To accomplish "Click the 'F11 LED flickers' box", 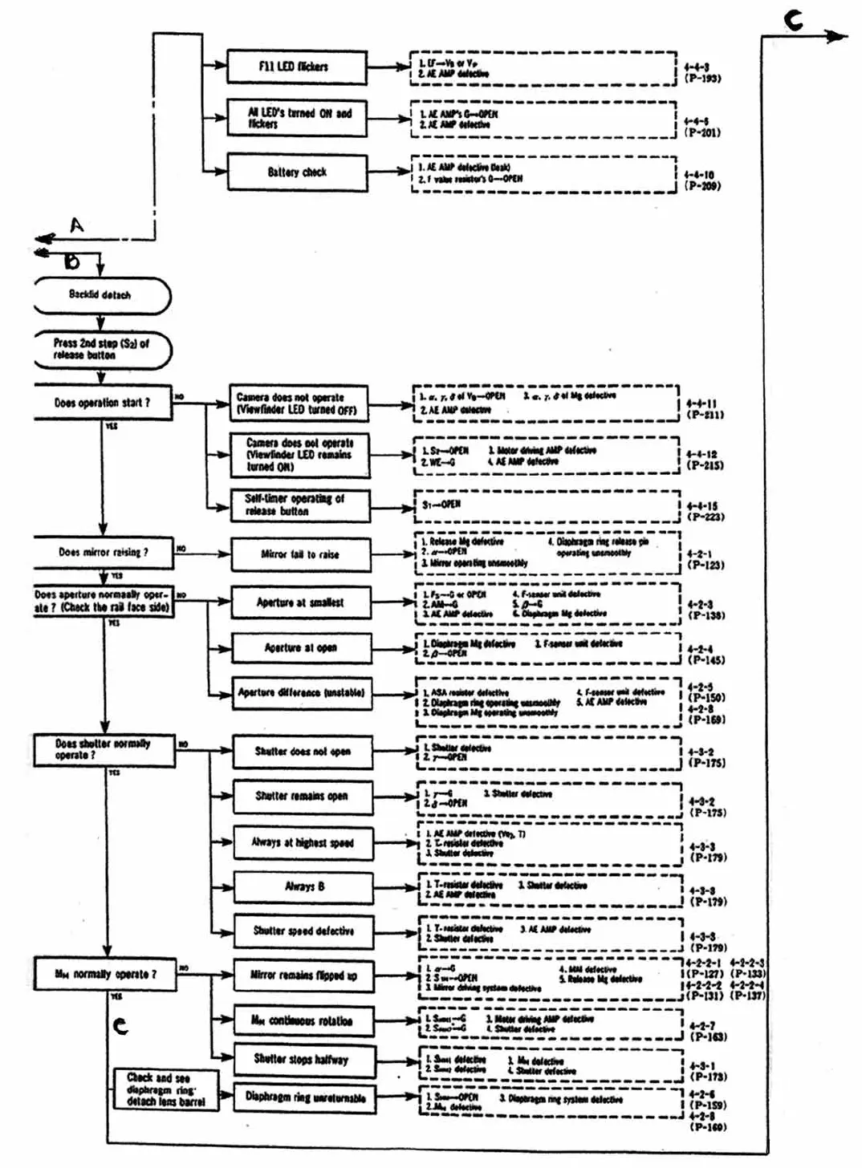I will coord(296,67).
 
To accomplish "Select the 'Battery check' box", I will coord(297,172).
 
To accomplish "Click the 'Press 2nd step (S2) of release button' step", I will coord(101,350).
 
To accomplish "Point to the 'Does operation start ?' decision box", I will coord(102,403).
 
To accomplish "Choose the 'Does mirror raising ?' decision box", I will coord(103,552).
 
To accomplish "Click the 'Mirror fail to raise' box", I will coord(300,554).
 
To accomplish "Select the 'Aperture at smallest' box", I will coord(300,602).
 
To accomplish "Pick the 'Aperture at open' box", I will coord(301,648).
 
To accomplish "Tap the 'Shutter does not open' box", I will coord(303,752).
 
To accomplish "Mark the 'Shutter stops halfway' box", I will coord(302,1060).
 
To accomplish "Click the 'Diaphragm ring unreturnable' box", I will coord(305,1097).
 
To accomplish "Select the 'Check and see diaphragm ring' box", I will coord(165,1089).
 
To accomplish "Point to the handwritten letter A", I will coord(76,225).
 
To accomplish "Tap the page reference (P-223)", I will coord(705,517).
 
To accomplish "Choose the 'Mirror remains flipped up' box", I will coord(303,975).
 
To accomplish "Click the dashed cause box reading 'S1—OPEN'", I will coord(546,505).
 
